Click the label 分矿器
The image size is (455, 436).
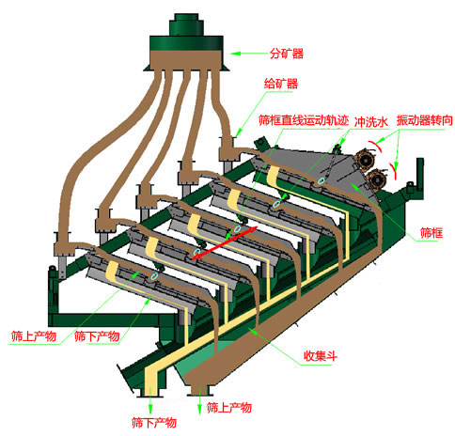click(x=287, y=54)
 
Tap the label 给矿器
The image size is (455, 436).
click(x=281, y=84)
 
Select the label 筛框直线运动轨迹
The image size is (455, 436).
click(x=304, y=120)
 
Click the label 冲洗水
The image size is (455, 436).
click(x=370, y=122)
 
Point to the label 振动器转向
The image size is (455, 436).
click(x=424, y=120)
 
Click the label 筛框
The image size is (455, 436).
click(x=431, y=233)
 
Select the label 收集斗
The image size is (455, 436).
click(x=321, y=356)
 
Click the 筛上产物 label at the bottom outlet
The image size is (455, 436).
click(x=229, y=408)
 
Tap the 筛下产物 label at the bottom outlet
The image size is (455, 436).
click(x=154, y=423)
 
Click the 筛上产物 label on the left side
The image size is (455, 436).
click(x=34, y=336)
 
